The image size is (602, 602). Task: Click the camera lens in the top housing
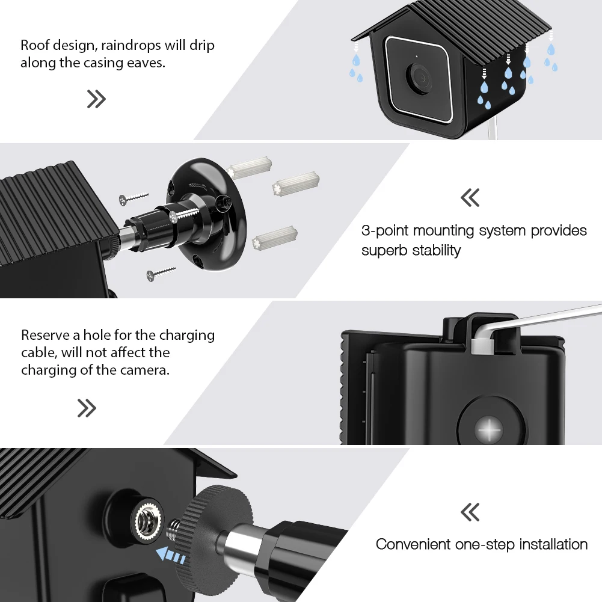[x=419, y=77]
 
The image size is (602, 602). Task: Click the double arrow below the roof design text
[x=96, y=99]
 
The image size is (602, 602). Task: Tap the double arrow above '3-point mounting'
[x=470, y=197]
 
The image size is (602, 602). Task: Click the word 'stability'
[x=436, y=250]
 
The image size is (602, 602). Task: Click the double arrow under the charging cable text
[x=87, y=408]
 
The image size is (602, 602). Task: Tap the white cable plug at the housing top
[x=482, y=345]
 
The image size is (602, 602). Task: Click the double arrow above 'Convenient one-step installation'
[x=470, y=512]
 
